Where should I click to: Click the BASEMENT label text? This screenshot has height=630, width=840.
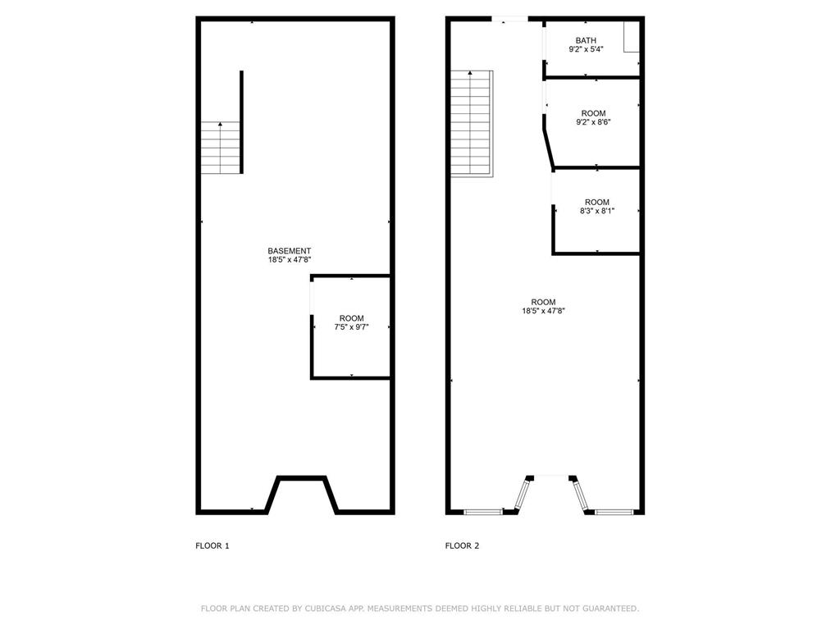289,251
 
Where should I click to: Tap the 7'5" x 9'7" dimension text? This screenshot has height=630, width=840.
352,327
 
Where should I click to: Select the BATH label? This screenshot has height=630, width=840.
586,40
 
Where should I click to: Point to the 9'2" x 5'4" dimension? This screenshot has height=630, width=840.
586,49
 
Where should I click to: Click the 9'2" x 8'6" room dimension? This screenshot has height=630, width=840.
593,122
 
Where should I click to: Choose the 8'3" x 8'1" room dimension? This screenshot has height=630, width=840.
596,211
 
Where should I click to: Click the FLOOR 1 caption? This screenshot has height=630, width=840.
212,546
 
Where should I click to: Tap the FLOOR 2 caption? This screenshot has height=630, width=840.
462,546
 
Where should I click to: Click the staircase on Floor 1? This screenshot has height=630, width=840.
221,148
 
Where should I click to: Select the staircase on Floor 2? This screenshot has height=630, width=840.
472,123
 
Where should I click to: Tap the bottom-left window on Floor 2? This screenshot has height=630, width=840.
482,512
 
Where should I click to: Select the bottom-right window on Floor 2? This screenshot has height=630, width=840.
614,512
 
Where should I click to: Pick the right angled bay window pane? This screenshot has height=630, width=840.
581,495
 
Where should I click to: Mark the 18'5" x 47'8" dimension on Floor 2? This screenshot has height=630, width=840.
544,311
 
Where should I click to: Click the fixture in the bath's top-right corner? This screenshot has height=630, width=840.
631,38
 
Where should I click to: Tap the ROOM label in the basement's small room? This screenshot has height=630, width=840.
352,318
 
